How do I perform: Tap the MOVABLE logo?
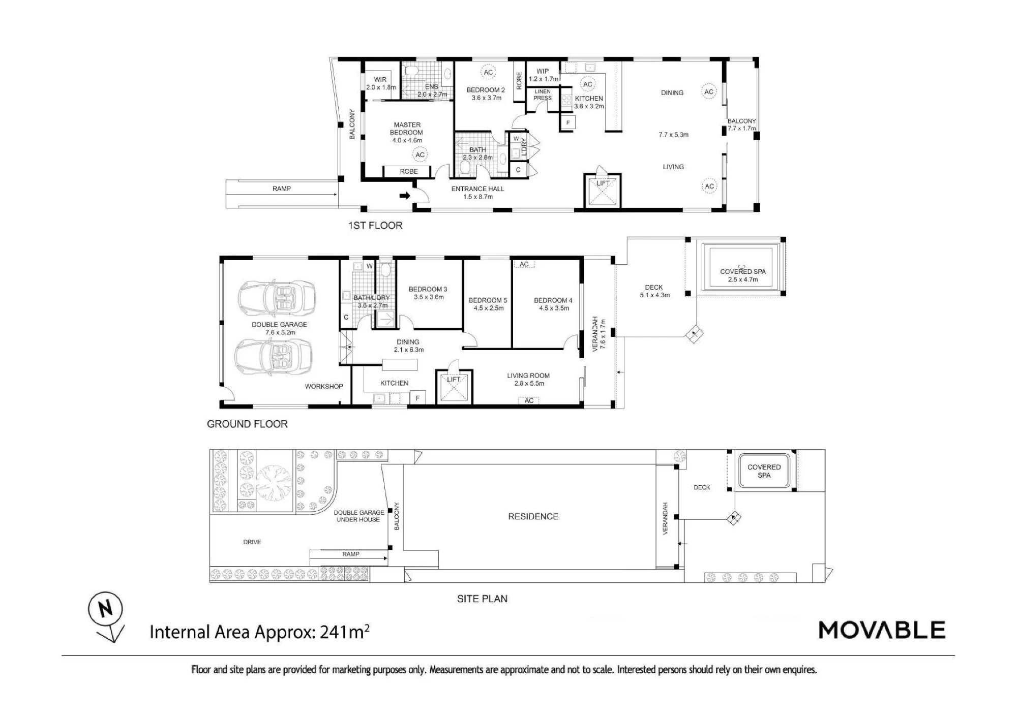pos(882,630)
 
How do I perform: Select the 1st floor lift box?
pos(602,191)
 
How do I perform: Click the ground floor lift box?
pos(454,388)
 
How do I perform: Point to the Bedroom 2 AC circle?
pos(488,72)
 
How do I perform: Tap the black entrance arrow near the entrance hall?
pos(405,195)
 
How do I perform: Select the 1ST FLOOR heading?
pos(375,225)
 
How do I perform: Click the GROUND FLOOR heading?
pos(247,424)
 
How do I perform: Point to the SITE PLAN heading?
pos(482,599)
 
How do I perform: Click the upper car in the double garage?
pos(277,298)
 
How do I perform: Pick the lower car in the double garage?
pos(274,356)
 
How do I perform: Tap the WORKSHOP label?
pos(324,386)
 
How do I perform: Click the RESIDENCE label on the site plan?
pos(533,516)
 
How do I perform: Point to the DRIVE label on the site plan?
pos(252,542)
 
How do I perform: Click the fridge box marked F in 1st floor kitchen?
pos(568,123)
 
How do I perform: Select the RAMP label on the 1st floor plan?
pos(281,189)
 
